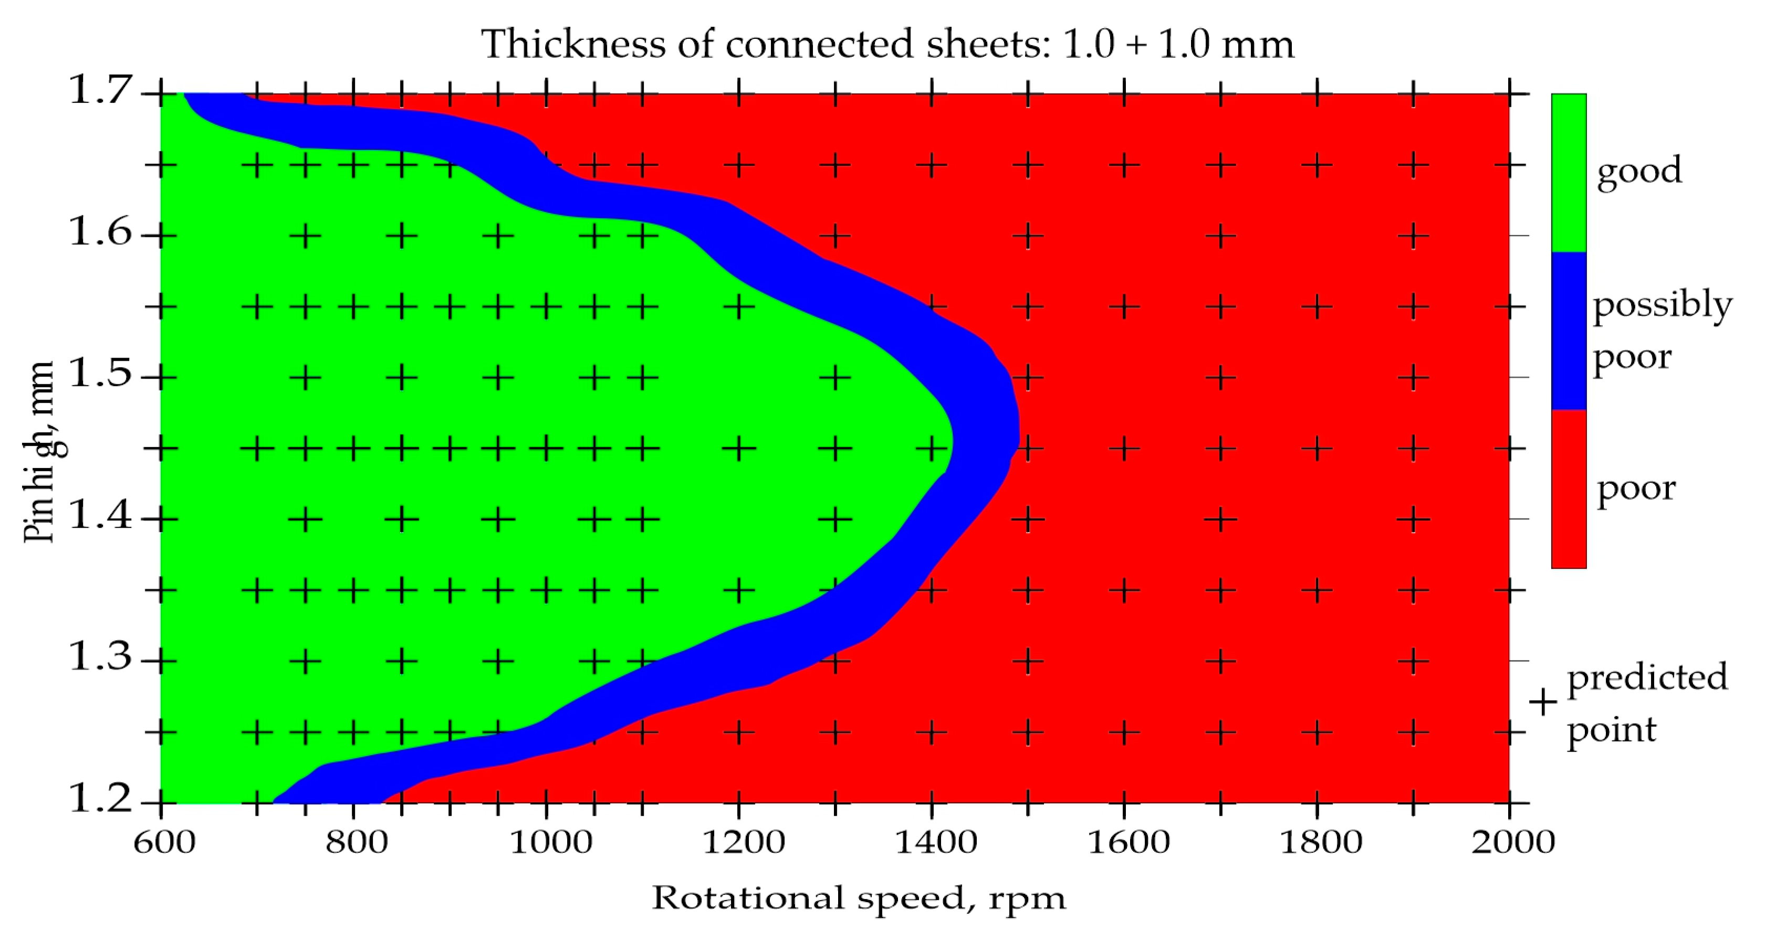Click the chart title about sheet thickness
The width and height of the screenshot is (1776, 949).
point(887,44)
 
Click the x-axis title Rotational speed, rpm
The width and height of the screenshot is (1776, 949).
point(859,899)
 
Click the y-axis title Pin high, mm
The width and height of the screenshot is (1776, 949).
point(39,452)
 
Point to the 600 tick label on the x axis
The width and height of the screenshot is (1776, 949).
point(164,842)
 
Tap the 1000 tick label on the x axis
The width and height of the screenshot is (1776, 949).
point(550,842)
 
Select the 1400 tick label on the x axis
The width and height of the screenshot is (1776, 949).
point(936,842)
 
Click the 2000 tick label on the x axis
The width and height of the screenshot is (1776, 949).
point(1512,842)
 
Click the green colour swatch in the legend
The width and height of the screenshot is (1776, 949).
point(1569,172)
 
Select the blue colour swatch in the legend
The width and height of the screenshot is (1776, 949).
point(1569,331)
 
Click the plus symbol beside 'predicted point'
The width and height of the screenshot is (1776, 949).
point(1543,703)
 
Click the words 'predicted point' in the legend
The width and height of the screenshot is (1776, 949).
point(1646,703)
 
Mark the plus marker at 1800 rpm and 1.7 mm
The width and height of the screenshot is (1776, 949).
point(1317,93)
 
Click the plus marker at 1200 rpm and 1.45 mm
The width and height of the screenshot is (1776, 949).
point(739,449)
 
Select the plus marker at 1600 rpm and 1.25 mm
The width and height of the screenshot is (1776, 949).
point(1124,732)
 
